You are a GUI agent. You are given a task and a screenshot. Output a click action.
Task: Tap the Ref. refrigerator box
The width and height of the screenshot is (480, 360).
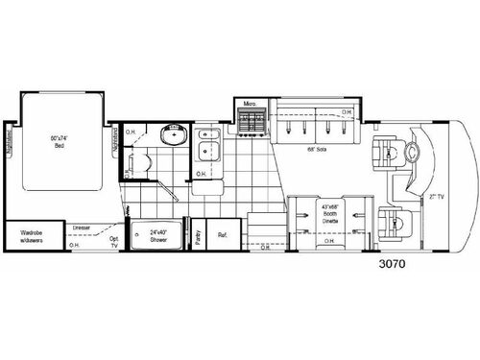tap(223, 234)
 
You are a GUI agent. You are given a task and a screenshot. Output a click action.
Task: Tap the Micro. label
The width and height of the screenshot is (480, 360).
tap(251, 101)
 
